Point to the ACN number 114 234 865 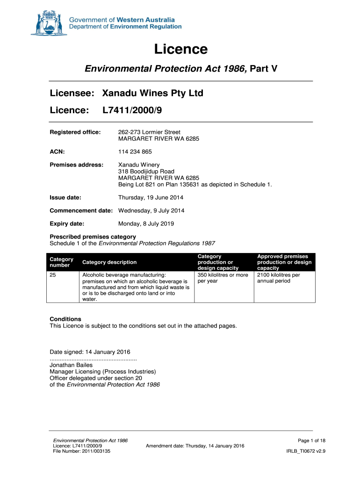135,152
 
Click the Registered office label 75,132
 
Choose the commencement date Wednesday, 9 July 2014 151,210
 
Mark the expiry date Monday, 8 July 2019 146,224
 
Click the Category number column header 62,262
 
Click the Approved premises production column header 284,262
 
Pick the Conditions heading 65,319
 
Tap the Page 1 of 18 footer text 311,441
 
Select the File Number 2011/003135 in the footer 82,451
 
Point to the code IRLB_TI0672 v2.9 305,451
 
